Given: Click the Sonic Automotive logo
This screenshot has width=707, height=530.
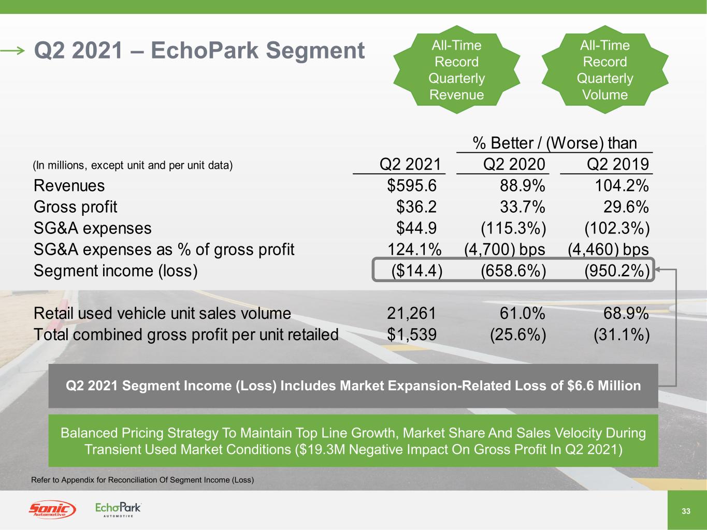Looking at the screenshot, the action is coord(52,509).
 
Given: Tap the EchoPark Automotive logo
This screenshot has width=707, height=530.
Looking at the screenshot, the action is coord(118,509).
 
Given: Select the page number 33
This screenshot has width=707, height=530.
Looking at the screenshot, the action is coord(686,511).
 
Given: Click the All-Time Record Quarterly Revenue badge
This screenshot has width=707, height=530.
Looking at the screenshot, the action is coord(457,69).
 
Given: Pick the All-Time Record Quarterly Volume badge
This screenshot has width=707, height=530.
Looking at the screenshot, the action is coord(605,69).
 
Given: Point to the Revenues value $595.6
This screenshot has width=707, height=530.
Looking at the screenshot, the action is coord(412,186).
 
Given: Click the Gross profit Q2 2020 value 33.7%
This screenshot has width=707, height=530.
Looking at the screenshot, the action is coord(523,207).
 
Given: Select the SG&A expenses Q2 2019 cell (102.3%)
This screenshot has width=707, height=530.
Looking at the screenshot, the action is coord(617,228).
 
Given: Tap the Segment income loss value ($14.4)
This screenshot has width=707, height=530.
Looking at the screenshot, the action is coord(417,270).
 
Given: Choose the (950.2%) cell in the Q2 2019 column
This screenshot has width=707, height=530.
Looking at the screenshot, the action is coord(617,270).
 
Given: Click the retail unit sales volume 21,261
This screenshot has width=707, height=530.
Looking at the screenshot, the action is coord(412,313).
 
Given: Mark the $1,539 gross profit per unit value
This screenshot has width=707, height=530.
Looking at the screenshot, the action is coord(412,334).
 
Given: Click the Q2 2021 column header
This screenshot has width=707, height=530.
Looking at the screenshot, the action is coord(410,164).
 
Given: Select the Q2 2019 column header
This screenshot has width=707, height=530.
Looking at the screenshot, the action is coord(617,164).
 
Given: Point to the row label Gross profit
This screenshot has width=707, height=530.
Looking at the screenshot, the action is coord(76,207).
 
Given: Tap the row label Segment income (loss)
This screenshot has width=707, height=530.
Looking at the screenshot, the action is coord(116,271).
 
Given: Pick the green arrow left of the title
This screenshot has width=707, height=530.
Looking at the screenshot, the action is coord(12,51).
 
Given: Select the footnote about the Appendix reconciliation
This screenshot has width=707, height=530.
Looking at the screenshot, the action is coord(142,480).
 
